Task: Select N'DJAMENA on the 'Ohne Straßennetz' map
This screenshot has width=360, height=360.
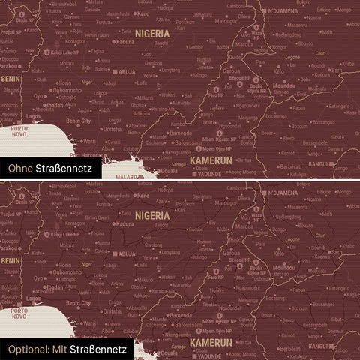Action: [x=284, y=11]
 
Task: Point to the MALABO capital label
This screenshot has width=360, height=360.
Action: [x=129, y=177]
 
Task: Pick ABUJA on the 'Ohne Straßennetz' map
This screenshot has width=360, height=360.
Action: [x=125, y=72]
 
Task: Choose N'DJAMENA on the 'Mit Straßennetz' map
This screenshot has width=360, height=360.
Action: [x=284, y=193]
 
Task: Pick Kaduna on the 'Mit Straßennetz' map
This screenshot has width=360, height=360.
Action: [x=125, y=223]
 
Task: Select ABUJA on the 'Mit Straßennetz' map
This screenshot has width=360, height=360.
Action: [x=125, y=253]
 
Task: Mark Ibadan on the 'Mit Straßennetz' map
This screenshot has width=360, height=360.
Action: [x=54, y=286]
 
